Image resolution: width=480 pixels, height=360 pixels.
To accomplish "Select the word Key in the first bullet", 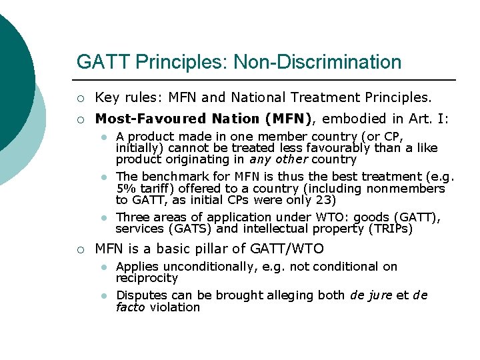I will pos(107,98).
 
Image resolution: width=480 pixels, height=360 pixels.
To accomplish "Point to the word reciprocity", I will pos(147,278).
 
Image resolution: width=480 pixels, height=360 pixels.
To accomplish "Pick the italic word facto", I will pos(131,307).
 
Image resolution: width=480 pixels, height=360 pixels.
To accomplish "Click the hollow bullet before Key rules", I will pos(81,99).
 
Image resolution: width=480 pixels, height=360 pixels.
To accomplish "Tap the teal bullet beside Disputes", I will pos(104,296).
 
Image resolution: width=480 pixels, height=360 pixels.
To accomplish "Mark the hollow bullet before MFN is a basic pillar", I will pos(81,250).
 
